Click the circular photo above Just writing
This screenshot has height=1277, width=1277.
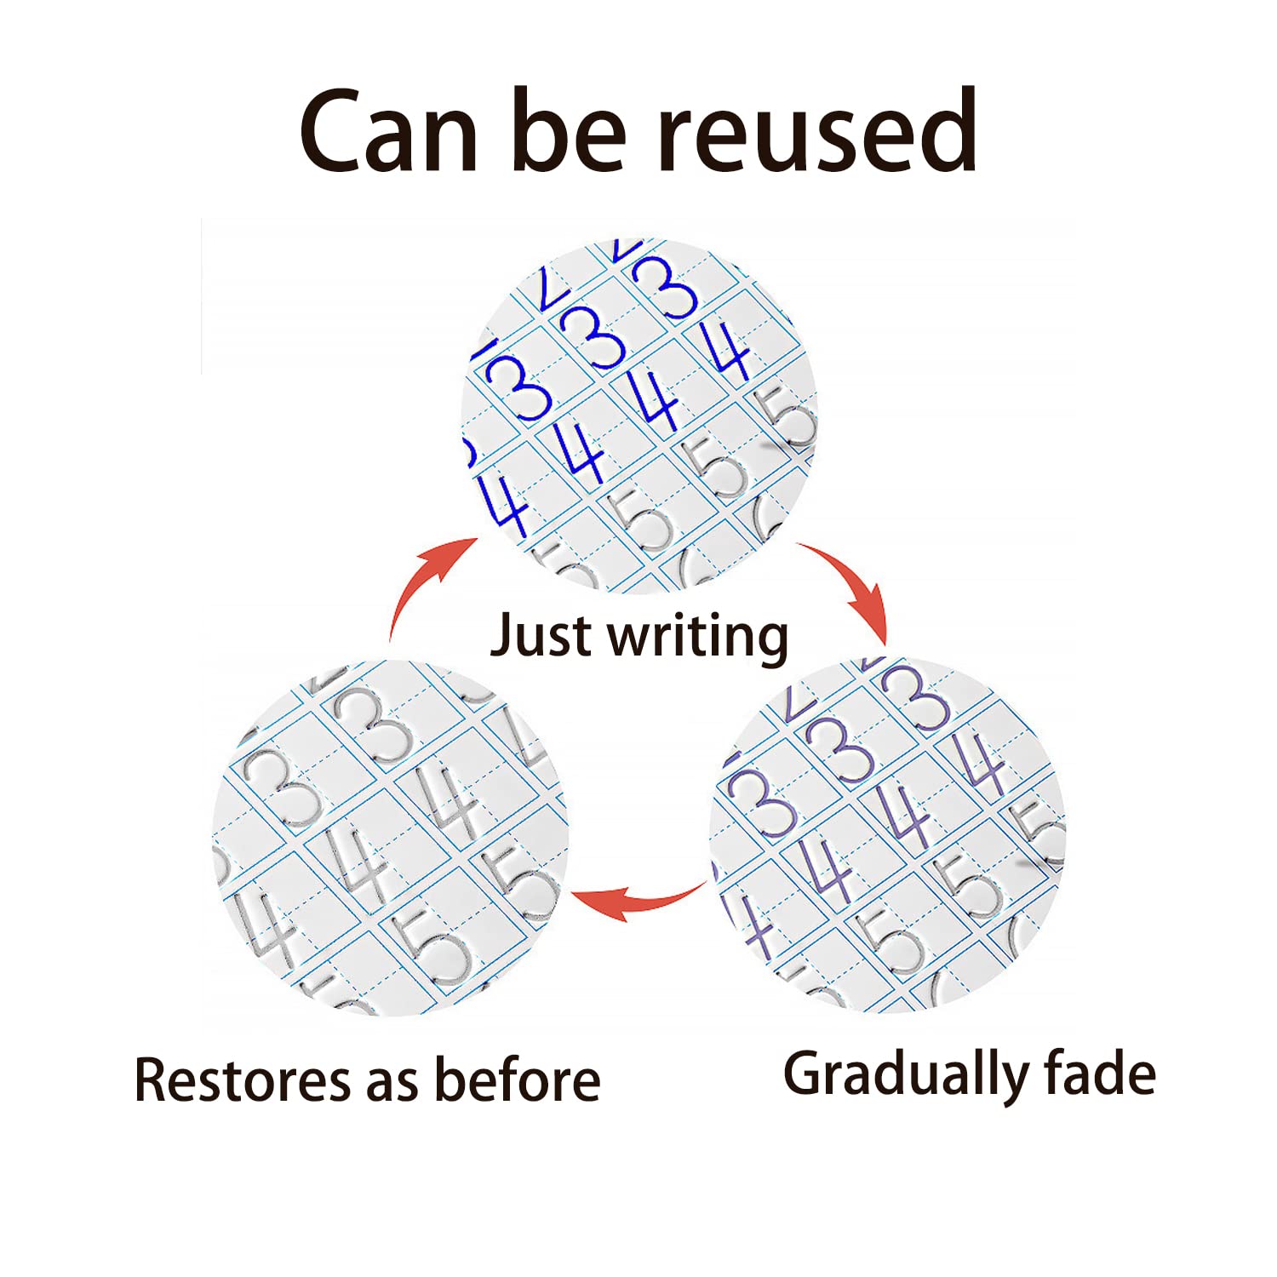click(638, 416)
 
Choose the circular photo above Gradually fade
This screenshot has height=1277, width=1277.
click(887, 835)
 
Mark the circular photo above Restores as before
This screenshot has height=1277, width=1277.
click(389, 837)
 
